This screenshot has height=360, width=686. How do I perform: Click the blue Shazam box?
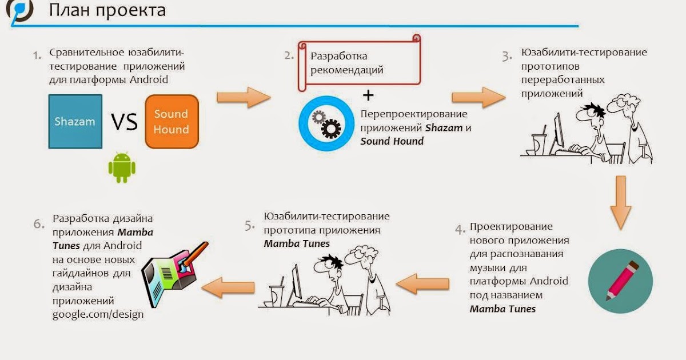pyautogui.click(x=75, y=122)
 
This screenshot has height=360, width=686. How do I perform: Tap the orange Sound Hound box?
pyautogui.click(x=171, y=122)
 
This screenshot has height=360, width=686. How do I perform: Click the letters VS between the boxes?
pyautogui.click(x=124, y=122)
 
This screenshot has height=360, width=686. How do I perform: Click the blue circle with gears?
pyautogui.click(x=326, y=123)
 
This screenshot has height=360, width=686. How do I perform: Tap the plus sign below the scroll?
pyautogui.click(x=369, y=94)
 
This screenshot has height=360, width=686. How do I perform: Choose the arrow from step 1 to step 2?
pyautogui.click(x=243, y=97)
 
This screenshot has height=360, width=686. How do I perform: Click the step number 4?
pyautogui.click(x=460, y=230)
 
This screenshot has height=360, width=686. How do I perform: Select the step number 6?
pyautogui.click(x=39, y=223)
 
